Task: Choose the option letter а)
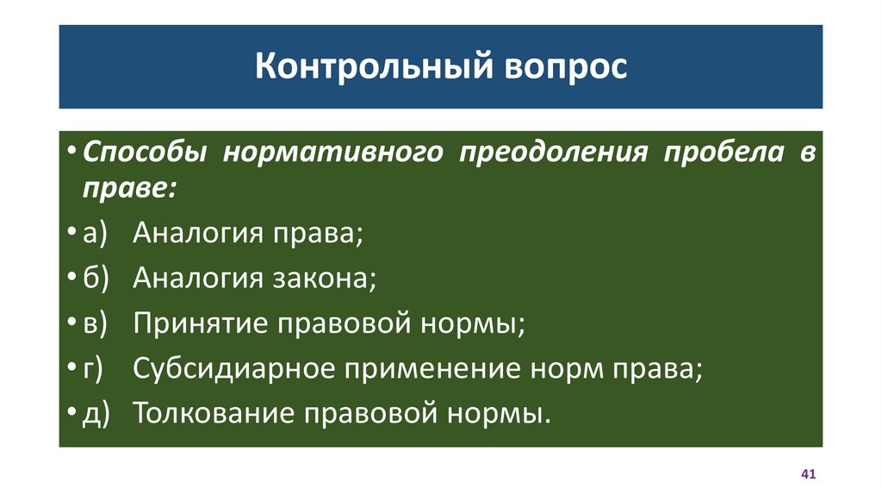tap(93, 233)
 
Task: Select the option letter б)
tap(93, 279)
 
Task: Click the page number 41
tap(808, 475)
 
